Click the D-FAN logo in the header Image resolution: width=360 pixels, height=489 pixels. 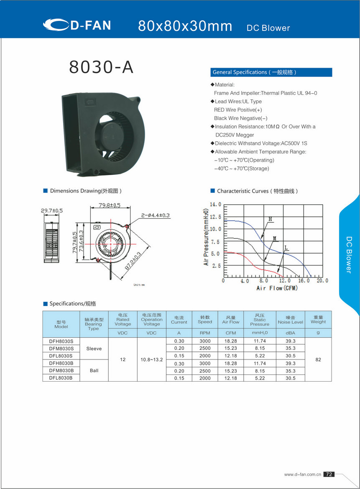[77, 25]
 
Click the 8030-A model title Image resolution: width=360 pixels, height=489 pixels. [101, 67]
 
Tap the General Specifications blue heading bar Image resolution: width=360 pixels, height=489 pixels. [271, 72]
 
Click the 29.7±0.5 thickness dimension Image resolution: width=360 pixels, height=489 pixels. [52, 211]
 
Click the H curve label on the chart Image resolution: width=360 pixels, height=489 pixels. [270, 219]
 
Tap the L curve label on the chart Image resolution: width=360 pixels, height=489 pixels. [286, 248]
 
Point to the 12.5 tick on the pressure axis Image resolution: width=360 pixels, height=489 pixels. [215, 217]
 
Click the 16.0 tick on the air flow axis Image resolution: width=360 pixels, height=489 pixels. [304, 281]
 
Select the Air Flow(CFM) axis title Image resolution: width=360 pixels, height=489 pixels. [277, 288]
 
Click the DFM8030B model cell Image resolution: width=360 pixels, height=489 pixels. [61, 371]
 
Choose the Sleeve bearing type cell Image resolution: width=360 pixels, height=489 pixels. [94, 348]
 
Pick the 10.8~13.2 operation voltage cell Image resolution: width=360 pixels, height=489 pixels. [151, 359]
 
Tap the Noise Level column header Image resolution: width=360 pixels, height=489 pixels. [290, 320]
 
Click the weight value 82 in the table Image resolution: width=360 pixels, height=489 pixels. [318, 359]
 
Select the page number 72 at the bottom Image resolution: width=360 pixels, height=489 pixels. [329, 474]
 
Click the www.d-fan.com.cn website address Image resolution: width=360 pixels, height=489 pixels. [302, 474]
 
